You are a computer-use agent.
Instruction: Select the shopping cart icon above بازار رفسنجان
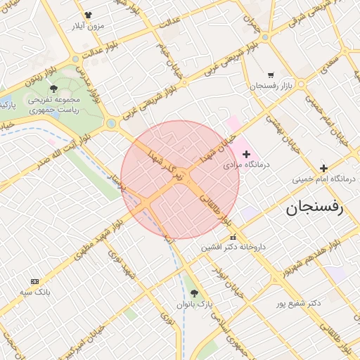click(271, 75)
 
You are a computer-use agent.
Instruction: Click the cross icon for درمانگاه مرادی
click(245, 153)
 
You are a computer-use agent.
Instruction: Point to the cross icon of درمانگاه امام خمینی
click(323, 168)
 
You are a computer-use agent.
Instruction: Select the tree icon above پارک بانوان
click(195, 293)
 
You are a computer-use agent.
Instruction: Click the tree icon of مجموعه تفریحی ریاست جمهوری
click(54, 89)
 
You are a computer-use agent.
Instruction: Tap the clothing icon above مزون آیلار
click(88, 15)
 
